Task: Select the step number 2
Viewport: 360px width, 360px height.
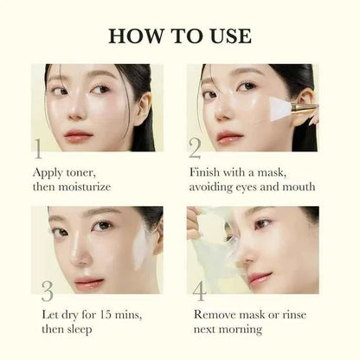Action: point(196,148)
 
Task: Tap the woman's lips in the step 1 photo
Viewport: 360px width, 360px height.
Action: point(78,134)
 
